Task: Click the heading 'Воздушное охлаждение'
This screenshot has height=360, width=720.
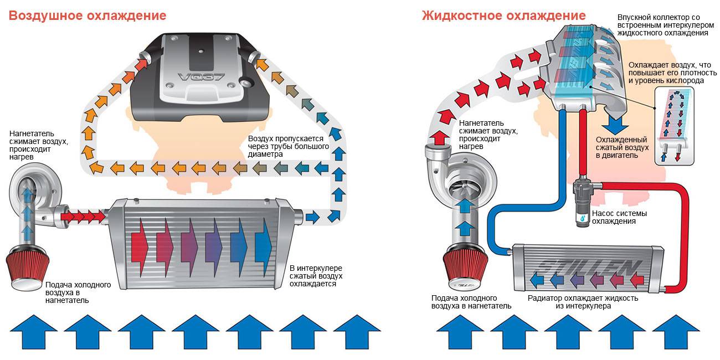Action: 88,16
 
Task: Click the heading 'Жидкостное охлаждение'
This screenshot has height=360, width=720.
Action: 503,15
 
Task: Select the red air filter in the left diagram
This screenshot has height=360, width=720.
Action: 29,268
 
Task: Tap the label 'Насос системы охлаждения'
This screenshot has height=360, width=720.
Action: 619,217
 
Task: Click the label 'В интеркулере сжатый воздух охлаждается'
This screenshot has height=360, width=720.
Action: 316,276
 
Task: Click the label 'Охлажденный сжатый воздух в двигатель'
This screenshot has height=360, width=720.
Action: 622,148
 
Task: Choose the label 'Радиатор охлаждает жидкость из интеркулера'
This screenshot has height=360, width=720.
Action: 583,302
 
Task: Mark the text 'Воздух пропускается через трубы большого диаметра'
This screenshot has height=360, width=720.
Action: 288,147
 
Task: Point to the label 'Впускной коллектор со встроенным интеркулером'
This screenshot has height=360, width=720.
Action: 662,25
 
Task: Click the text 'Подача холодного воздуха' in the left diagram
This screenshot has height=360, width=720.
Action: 78,292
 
